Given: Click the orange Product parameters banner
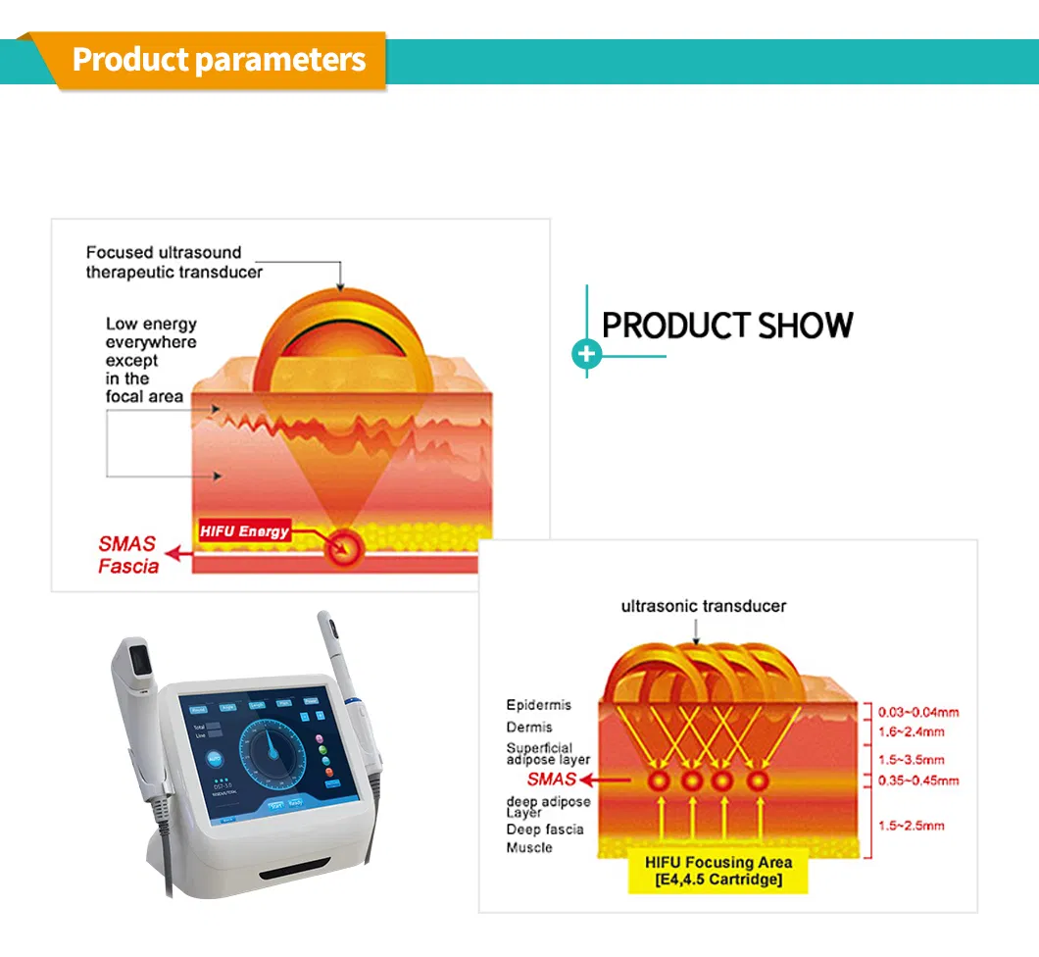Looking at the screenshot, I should (x=218, y=60).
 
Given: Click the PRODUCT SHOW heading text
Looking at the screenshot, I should (x=727, y=326).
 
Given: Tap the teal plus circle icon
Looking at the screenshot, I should (x=586, y=354).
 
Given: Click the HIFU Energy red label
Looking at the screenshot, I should (x=244, y=530).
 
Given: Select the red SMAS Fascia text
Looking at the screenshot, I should (x=127, y=555).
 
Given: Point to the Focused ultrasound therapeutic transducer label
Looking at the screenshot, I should (x=173, y=262).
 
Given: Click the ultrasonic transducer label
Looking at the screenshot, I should (x=703, y=606).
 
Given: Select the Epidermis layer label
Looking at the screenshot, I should (x=538, y=705).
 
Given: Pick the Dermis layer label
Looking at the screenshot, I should (x=529, y=728).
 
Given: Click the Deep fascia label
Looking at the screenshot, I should (x=544, y=830).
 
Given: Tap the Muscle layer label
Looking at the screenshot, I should (x=529, y=847).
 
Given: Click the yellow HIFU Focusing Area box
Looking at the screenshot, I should (x=719, y=871).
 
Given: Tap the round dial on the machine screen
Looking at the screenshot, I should (x=271, y=747).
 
